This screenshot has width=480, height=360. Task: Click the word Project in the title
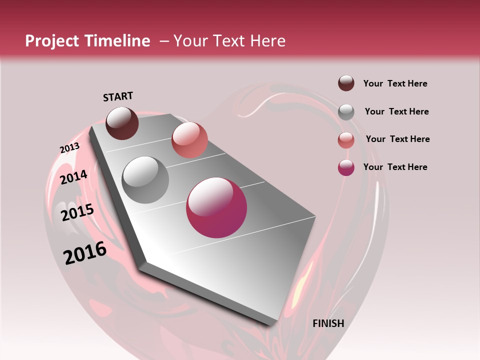51,41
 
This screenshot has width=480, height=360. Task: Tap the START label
118,96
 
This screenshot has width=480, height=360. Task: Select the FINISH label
328,323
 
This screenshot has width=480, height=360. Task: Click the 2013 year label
69,148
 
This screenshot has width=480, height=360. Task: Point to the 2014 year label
74,177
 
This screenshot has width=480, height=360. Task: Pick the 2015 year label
77,212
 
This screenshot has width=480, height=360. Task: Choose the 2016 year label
85,252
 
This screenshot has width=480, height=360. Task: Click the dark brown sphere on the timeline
122,123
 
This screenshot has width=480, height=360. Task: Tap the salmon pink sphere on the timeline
189,140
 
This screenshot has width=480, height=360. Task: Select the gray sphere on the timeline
145,180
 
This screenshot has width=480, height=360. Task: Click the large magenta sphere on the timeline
216,207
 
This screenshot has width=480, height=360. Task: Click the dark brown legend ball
346,83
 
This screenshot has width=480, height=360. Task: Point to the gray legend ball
346,112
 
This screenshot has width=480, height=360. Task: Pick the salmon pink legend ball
346,140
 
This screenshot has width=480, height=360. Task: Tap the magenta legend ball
346,167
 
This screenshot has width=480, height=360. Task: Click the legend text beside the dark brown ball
395,84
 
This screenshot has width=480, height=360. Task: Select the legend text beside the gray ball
396,111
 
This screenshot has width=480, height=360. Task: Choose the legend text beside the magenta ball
395,167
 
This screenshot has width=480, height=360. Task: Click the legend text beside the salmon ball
397,139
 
